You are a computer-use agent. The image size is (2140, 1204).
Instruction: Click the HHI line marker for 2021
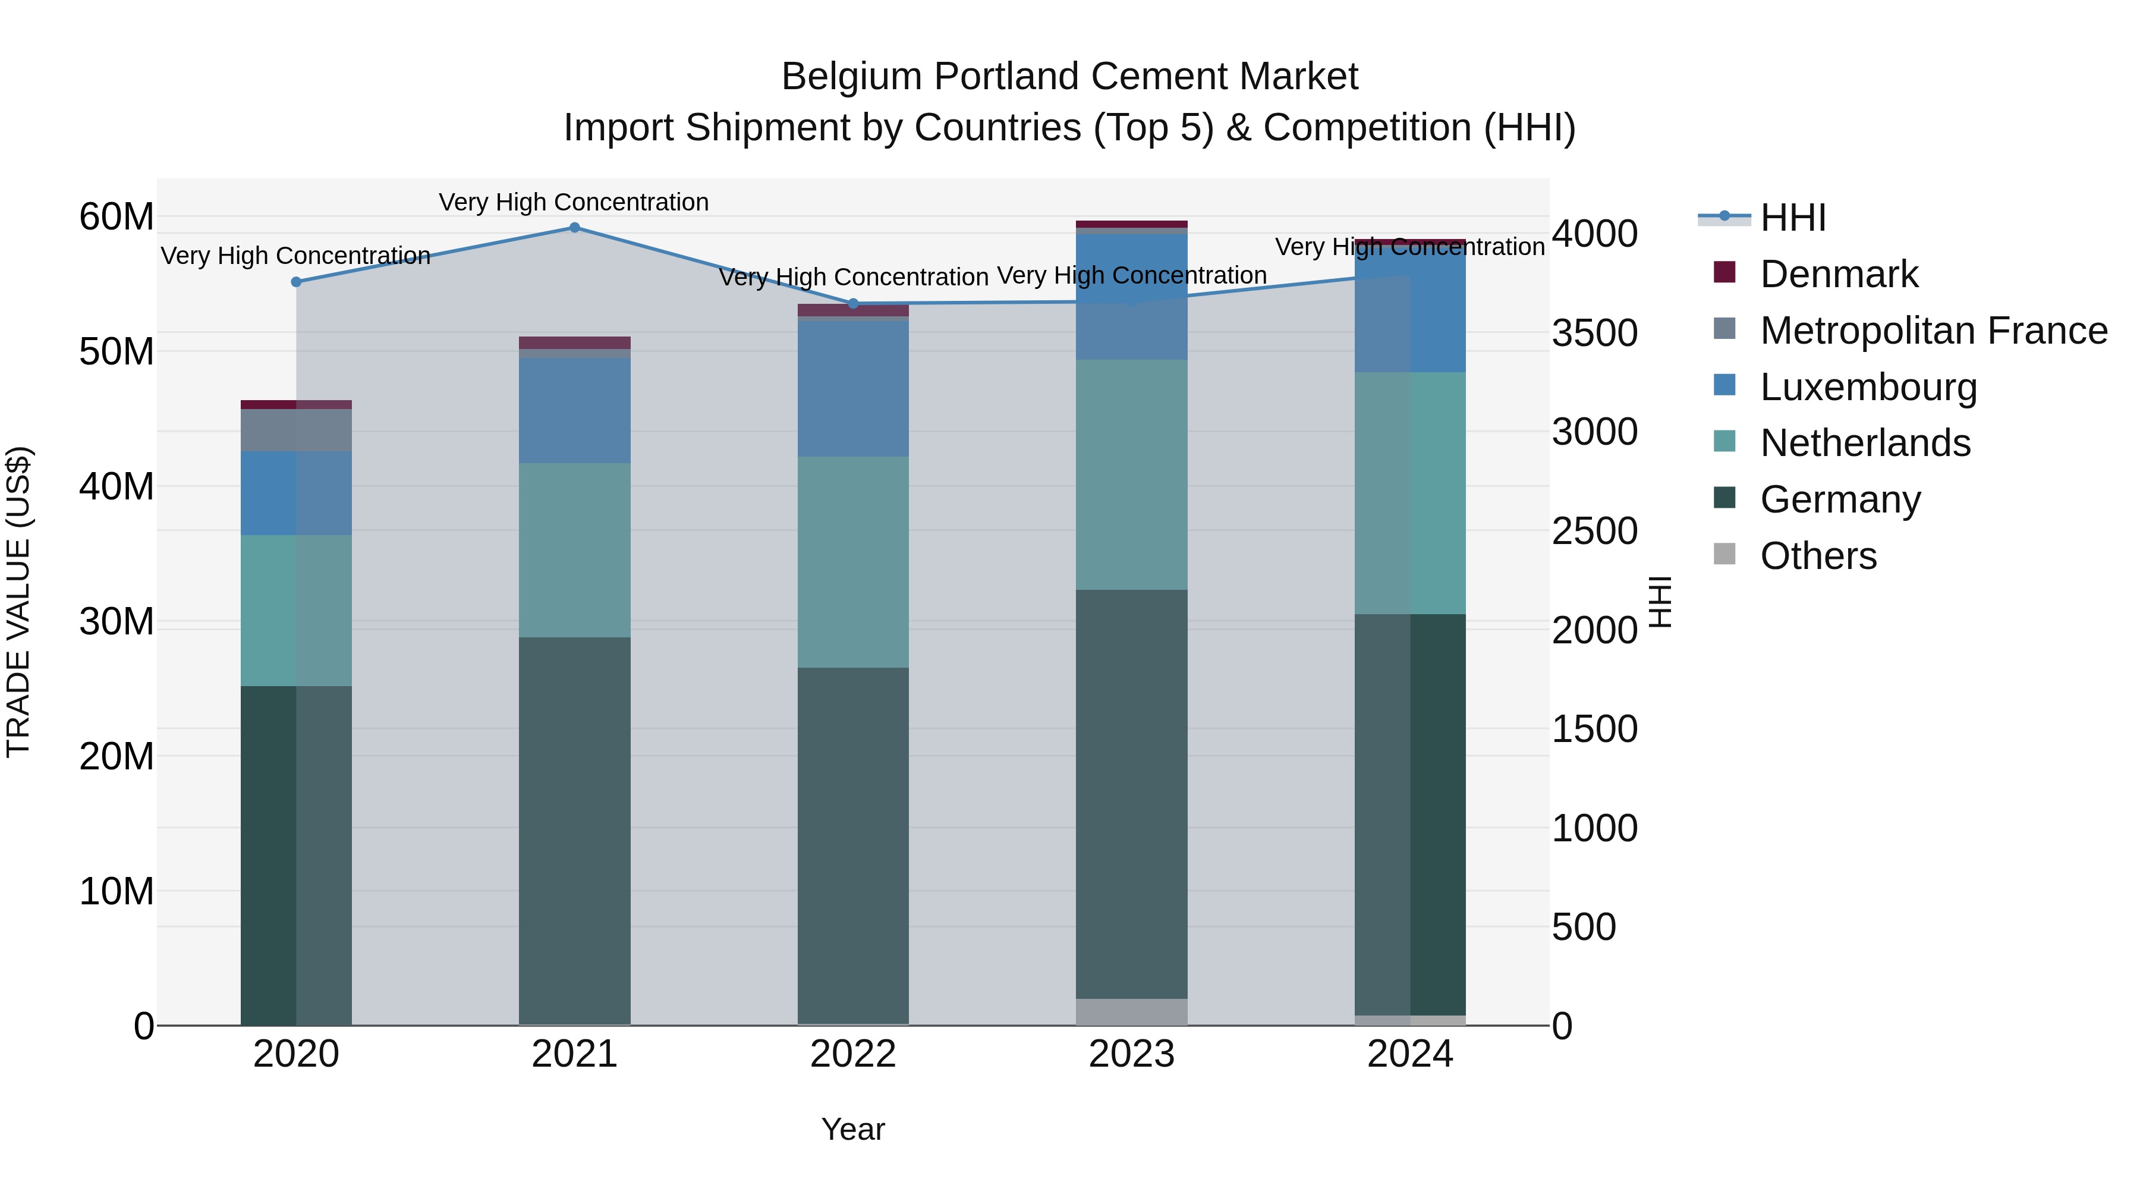[x=574, y=228]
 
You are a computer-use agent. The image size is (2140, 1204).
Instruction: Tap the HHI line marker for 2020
[x=296, y=282]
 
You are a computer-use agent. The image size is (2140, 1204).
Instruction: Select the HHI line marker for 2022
[x=853, y=303]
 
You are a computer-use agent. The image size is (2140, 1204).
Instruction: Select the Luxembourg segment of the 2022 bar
[x=853, y=388]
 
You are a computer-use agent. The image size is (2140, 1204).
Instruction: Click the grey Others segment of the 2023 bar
[x=1131, y=1011]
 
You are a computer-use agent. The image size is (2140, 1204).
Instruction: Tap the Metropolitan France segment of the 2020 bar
[x=296, y=430]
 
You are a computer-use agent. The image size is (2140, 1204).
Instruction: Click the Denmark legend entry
[x=1837, y=274]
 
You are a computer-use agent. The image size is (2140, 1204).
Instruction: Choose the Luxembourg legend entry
[x=1868, y=387]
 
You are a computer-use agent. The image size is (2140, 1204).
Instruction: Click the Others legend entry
[x=1818, y=556]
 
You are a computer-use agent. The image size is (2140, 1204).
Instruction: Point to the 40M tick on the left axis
[x=117, y=486]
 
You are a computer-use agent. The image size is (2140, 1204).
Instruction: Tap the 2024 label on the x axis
[x=1410, y=1054]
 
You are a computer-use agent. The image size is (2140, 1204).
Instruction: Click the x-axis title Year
[x=853, y=1129]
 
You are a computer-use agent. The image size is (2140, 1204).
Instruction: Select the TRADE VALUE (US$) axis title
[x=18, y=602]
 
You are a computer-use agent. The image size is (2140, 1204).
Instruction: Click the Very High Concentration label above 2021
[x=574, y=202]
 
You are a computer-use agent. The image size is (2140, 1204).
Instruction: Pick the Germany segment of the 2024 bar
[x=1410, y=815]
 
